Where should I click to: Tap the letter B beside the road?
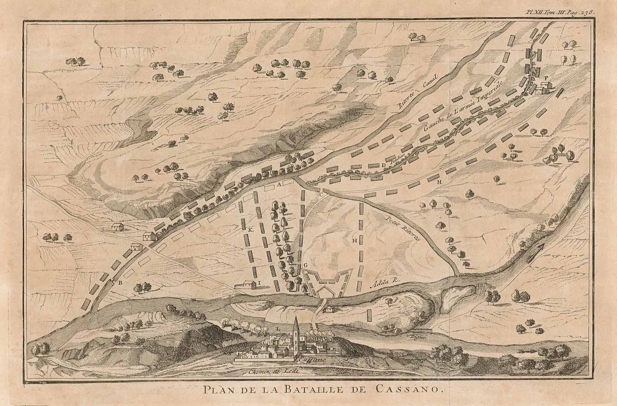pos(120,283)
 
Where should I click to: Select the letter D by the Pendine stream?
pos(383,165)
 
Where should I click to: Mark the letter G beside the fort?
pos(305,266)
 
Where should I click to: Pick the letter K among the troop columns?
pos(251,230)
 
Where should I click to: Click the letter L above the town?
pos(278,328)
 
